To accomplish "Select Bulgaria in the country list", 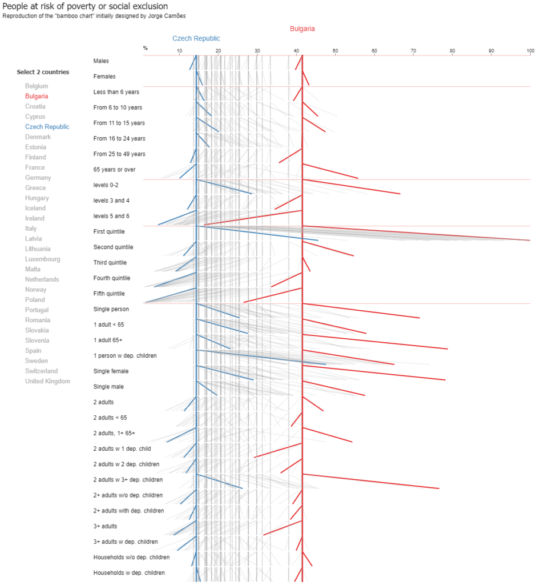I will tap(37, 96).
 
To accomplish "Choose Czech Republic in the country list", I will tap(47, 127).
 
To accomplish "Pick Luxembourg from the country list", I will tap(42, 259).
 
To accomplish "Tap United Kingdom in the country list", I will tap(47, 381).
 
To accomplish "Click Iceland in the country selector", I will tap(35, 208).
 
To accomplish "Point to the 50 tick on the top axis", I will tap(336, 51).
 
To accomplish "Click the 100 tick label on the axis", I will tap(530, 51).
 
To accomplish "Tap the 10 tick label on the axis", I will tap(180, 51).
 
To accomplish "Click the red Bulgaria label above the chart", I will tap(302, 29).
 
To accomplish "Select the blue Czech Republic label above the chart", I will tap(196, 38).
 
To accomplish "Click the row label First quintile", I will tap(109, 231).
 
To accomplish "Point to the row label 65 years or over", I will tap(114, 170).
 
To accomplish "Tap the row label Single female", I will tap(111, 371).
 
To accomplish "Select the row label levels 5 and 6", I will tap(111, 216).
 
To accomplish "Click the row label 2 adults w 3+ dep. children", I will tap(128, 479).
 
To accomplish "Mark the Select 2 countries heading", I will tap(43, 72).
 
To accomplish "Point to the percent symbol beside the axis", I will tap(146, 48).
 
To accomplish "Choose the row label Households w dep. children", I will tap(129, 572).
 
